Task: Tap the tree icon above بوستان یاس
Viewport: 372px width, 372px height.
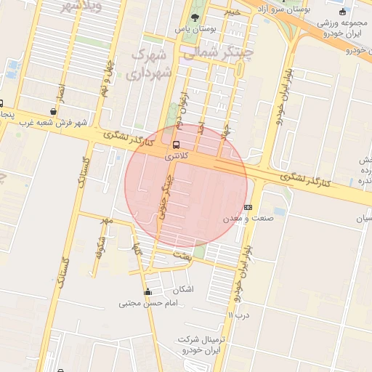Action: [x=195, y=17]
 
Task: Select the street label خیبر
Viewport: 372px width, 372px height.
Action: [x=231, y=12]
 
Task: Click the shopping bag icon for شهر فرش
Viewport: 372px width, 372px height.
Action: [x=53, y=111]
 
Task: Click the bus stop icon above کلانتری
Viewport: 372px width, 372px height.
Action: [x=176, y=144]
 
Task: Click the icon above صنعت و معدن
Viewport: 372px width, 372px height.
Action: [x=248, y=207]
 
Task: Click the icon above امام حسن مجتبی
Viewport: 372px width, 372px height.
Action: [x=148, y=292]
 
